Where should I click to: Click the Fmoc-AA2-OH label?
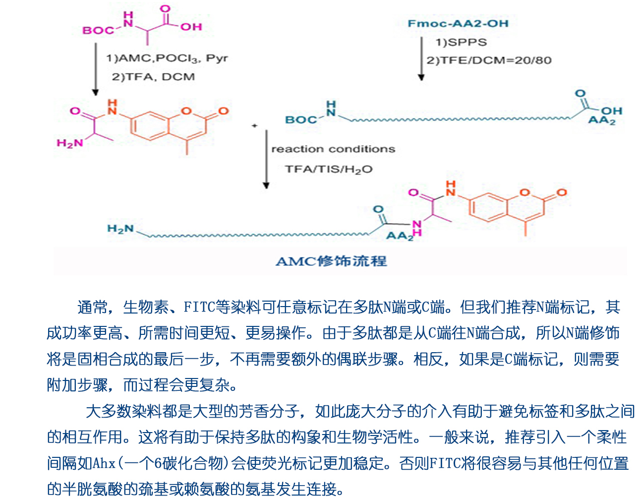click(458, 23)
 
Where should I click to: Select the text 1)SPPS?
click(461, 42)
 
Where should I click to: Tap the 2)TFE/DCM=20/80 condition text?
click(489, 61)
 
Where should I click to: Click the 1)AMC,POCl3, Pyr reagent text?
click(167, 59)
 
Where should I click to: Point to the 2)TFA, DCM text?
click(153, 77)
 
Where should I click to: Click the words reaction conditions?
click(333, 149)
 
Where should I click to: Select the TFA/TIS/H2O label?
click(329, 169)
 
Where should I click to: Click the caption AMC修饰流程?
click(331, 261)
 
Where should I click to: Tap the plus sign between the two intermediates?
click(254, 126)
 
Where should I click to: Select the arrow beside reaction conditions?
click(266, 159)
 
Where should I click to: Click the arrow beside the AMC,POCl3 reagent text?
click(96, 69)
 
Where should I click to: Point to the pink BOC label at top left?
click(98, 31)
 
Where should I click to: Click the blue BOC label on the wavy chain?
click(301, 120)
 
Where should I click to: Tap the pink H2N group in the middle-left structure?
click(70, 143)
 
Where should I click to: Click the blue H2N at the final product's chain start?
click(120, 229)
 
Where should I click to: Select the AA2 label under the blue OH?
click(601, 121)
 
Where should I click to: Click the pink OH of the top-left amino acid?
click(191, 27)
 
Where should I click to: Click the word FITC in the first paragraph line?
click(199, 308)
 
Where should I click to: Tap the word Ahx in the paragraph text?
click(104, 463)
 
